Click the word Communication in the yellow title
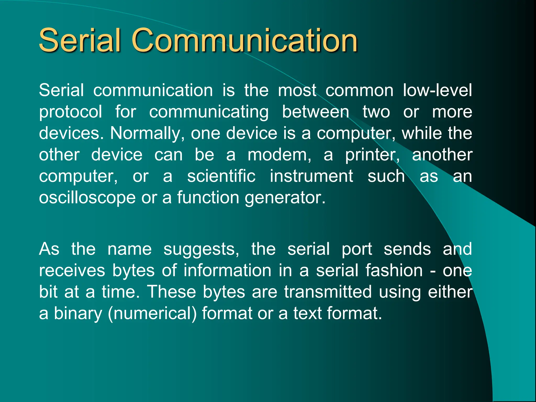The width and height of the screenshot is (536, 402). (x=245, y=41)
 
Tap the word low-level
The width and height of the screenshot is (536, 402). (x=437, y=90)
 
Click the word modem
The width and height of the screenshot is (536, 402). (x=279, y=155)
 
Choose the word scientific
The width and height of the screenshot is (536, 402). (x=221, y=176)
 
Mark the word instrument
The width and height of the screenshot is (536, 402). (x=311, y=176)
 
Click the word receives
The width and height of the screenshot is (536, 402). (x=72, y=271)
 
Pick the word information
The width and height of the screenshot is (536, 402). (x=227, y=271)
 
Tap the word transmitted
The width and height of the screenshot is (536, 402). (x=328, y=292)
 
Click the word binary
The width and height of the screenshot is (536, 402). (x=78, y=314)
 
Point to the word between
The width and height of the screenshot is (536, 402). (x=316, y=112)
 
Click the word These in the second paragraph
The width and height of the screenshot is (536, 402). (x=171, y=292)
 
